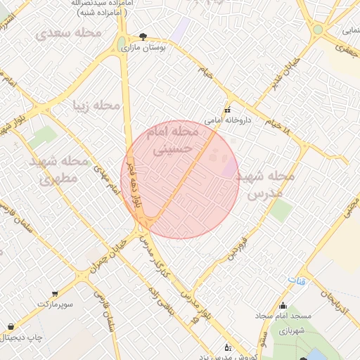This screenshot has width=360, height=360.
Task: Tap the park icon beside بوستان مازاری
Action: [143, 36]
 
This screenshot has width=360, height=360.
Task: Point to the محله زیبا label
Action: [98, 105]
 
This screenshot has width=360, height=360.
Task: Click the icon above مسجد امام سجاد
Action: [283, 306]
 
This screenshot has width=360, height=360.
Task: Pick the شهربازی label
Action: [289, 330]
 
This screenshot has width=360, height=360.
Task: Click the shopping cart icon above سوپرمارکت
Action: [55, 294]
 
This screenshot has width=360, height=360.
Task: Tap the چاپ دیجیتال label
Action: [25, 338]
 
